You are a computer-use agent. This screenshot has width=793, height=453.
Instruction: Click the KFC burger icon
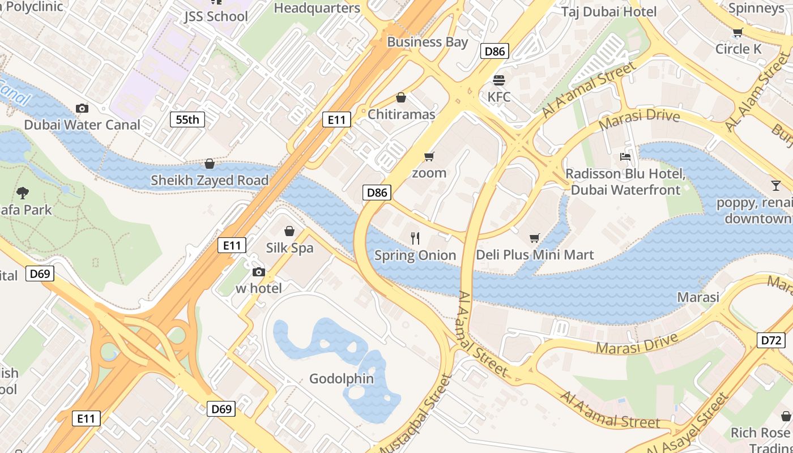pyautogui.click(x=498, y=80)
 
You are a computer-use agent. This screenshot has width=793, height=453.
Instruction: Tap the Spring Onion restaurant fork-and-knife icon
pyautogui.click(x=415, y=238)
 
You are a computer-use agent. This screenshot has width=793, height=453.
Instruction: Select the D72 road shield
pyautogui.click(x=771, y=340)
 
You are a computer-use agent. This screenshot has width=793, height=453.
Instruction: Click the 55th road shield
pyautogui.click(x=187, y=119)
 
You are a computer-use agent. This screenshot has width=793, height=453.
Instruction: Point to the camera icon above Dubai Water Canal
pyautogui.click(x=82, y=108)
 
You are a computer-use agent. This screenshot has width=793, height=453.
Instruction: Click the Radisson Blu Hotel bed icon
pyautogui.click(x=625, y=157)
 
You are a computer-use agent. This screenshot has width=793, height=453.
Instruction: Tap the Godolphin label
pyautogui.click(x=342, y=379)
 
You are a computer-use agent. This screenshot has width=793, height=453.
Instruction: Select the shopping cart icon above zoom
pyautogui.click(x=429, y=156)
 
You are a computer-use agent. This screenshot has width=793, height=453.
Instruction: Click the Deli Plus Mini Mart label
pyautogui.click(x=535, y=255)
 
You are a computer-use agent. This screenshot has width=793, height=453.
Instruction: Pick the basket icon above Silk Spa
pyautogui.click(x=289, y=231)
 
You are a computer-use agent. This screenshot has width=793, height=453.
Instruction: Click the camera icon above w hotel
pyautogui.click(x=258, y=272)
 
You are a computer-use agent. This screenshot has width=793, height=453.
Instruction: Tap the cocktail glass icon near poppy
pyautogui.click(x=775, y=185)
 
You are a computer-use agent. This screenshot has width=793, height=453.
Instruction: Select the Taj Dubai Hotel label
pyautogui.click(x=609, y=12)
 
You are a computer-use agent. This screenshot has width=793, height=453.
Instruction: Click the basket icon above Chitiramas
pyautogui.click(x=401, y=98)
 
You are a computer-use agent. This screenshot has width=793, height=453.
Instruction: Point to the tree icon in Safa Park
pyautogui.click(x=23, y=193)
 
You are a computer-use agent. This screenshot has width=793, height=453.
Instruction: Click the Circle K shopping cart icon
pyautogui.click(x=737, y=33)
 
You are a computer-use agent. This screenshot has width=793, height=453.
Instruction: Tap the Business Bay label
pyautogui.click(x=427, y=42)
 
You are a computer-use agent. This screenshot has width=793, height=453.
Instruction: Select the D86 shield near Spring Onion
pyautogui.click(x=377, y=193)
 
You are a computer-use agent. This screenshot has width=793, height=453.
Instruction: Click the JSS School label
pyautogui.click(x=216, y=16)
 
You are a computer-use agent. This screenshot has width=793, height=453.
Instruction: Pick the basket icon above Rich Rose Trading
pyautogui.click(x=786, y=416)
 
